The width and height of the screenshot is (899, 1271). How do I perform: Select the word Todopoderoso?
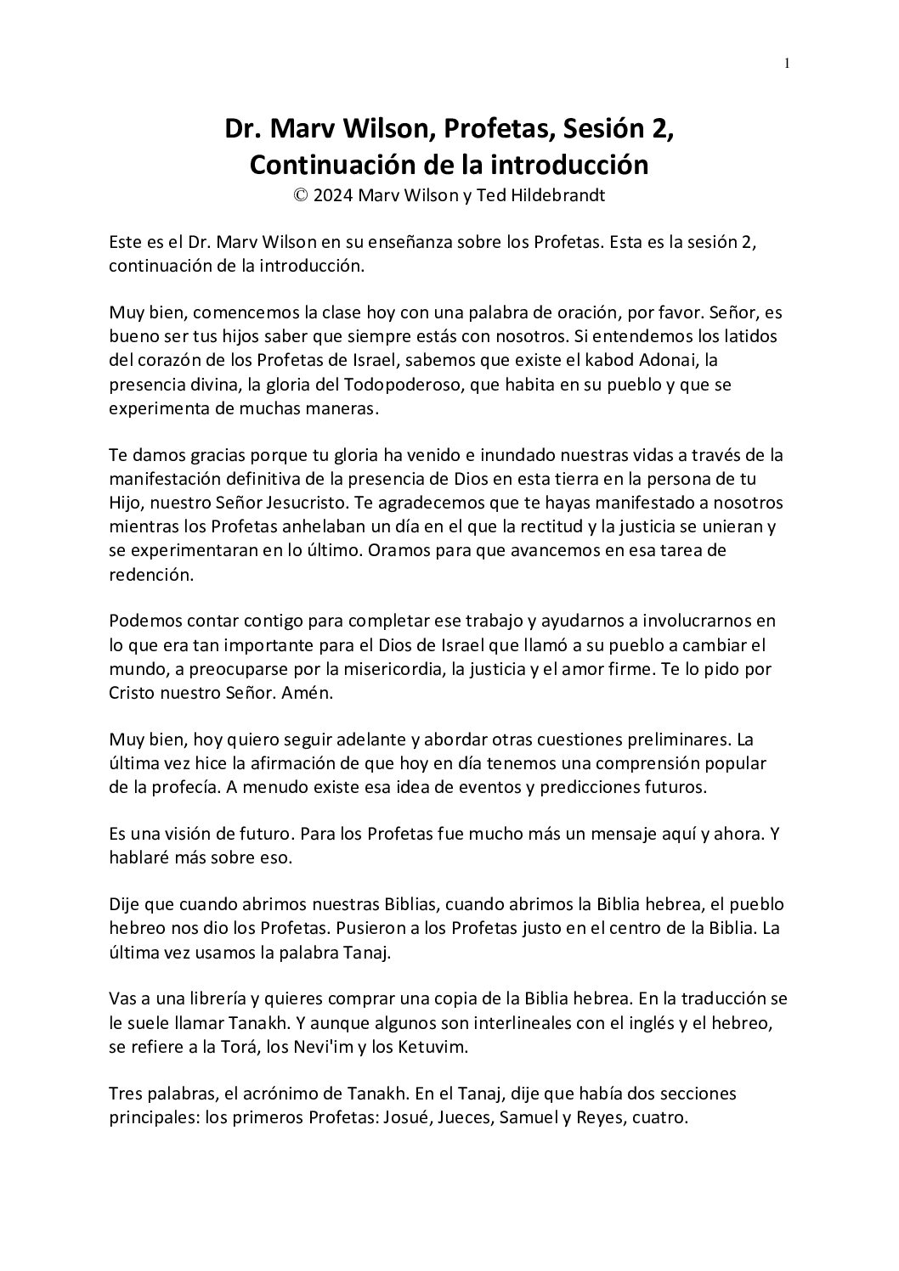[396, 385]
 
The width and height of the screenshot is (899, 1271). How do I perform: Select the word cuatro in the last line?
[659, 1117]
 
